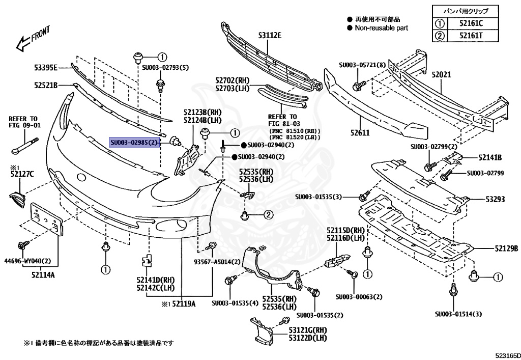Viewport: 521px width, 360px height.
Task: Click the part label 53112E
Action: point(269,35)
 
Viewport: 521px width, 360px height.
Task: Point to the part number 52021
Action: point(441,74)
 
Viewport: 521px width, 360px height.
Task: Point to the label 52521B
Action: point(46,86)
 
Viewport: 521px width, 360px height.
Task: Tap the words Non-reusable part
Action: point(381,28)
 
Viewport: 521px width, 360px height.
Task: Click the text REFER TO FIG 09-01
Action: point(24,121)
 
